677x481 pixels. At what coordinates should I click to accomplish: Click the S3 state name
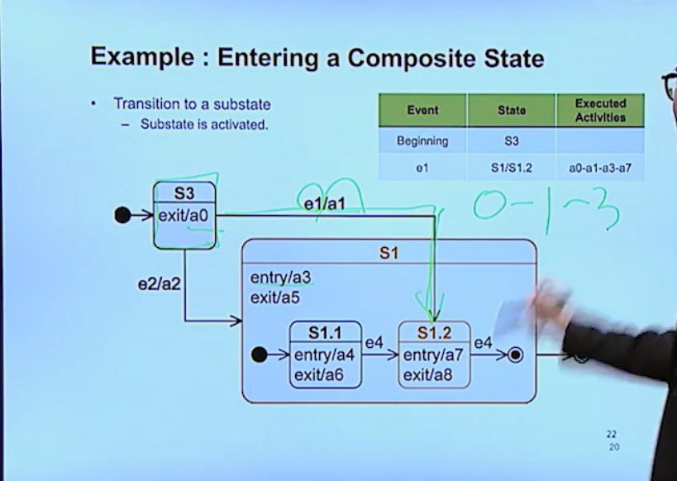[x=184, y=193]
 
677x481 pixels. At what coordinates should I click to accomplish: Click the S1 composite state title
[x=389, y=253]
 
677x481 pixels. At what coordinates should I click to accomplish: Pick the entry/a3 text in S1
[x=280, y=279]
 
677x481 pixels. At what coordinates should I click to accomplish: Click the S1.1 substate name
[x=326, y=333]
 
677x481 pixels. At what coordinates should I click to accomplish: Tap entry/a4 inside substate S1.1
[x=325, y=355]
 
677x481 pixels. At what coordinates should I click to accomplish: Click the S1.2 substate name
[x=434, y=333]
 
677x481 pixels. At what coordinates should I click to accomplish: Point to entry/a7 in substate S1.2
[x=434, y=355]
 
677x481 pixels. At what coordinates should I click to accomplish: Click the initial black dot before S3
[x=122, y=216]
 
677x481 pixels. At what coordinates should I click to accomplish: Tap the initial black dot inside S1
[x=259, y=355]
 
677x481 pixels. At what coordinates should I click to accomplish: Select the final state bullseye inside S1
[x=516, y=355]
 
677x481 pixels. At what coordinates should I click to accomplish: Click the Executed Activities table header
[x=601, y=110]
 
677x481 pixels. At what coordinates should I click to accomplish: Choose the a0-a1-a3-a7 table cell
[x=601, y=168]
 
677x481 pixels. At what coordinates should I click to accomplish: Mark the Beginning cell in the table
[x=422, y=141]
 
